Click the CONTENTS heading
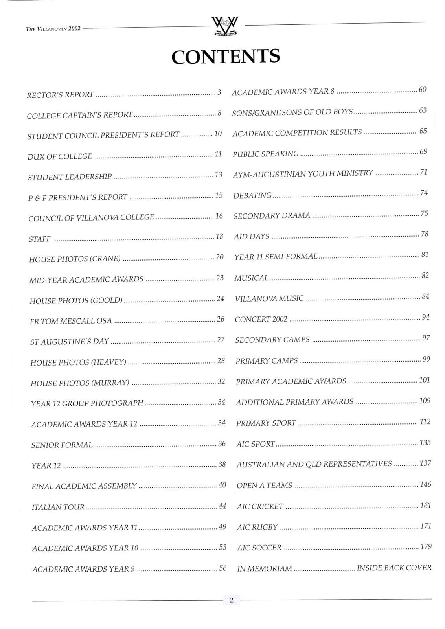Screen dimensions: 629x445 [x=226, y=56]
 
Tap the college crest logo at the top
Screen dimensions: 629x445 [x=225, y=27]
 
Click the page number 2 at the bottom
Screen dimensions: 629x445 [x=232, y=600]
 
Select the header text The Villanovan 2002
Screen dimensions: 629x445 [x=53, y=29]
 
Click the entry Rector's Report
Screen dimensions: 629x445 [x=60, y=95]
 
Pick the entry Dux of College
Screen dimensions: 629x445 [x=60, y=156]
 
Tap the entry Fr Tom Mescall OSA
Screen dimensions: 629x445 [x=71, y=321]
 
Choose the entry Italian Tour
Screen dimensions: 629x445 [x=58, y=507]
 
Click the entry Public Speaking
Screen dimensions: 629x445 [x=266, y=154]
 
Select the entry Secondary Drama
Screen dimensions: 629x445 [x=272, y=216]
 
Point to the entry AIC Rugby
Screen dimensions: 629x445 [x=257, y=527]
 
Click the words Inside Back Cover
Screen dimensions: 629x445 [x=394, y=568]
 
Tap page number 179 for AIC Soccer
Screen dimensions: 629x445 [x=426, y=546]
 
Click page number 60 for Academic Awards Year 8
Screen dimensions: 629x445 [x=423, y=90]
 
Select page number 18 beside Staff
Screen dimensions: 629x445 [x=219, y=236]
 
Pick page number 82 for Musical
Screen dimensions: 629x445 [x=425, y=276]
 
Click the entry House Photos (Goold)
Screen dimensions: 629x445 [x=76, y=301]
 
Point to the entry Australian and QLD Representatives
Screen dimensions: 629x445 [x=314, y=464]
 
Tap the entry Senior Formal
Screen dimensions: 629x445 [x=62, y=445]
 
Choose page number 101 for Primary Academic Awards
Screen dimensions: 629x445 [x=425, y=380]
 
